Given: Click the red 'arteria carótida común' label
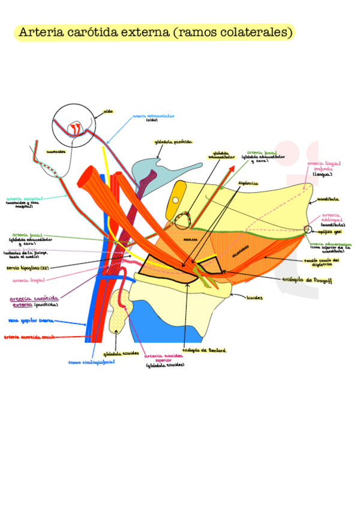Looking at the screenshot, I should pos(29,337).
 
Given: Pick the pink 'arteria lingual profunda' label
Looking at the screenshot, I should pos(324,166).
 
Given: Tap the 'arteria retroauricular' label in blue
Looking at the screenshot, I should pos(154,115).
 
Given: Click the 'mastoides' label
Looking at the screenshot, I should pos(56,152).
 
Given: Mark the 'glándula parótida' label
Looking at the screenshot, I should pos(173,142).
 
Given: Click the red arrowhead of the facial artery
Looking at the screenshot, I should pos(231,167).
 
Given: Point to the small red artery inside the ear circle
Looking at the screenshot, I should pos(76,128).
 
